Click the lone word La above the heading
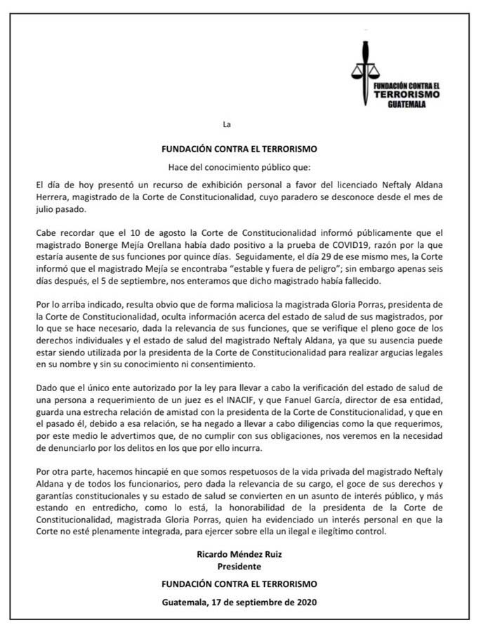pos(226,125)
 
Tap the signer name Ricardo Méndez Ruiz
pos(239,555)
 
